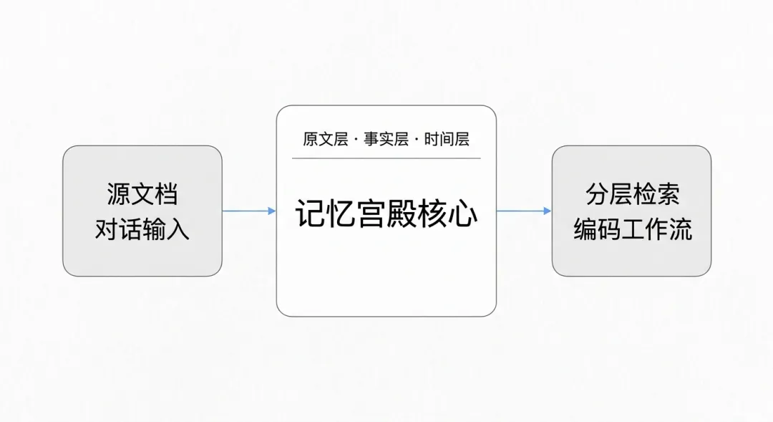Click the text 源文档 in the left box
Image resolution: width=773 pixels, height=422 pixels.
[x=142, y=193]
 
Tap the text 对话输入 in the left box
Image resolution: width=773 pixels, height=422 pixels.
[x=142, y=229]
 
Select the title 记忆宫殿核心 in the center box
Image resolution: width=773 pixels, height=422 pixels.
[x=386, y=214]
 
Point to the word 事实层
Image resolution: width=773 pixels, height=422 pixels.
[x=386, y=139]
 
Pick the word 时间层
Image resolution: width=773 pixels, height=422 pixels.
[x=447, y=139]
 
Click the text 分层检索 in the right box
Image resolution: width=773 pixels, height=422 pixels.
[x=632, y=193]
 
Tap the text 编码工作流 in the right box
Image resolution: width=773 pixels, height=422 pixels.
[x=632, y=229]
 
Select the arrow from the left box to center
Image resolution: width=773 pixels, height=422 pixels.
[x=249, y=211]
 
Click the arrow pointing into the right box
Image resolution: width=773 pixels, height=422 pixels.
[x=524, y=211]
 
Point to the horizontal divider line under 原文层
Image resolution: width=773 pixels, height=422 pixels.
[x=386, y=158]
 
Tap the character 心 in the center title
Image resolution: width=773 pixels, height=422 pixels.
[x=463, y=214]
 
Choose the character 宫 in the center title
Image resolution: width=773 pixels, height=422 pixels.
[x=371, y=214]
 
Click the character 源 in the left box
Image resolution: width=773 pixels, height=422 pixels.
[x=119, y=193]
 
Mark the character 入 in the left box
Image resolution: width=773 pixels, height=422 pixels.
[x=178, y=229]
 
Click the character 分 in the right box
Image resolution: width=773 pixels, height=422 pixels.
[x=597, y=193]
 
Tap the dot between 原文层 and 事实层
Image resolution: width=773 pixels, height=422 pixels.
[x=356, y=140]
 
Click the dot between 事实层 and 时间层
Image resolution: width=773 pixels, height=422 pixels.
[x=416, y=140]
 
